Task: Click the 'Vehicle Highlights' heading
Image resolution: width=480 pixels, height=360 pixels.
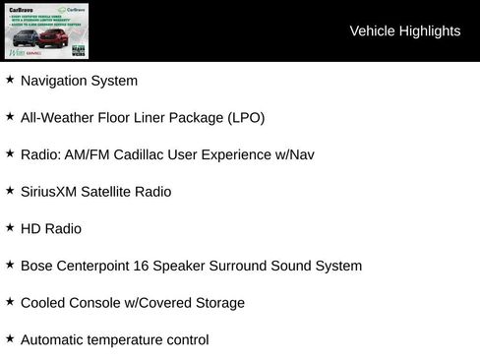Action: pos(404,31)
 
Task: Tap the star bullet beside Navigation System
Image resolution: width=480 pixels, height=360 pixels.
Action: pos(10,80)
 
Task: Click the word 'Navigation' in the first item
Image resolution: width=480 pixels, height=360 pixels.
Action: pos(53,81)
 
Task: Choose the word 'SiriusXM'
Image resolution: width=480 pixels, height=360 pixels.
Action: pos(49,192)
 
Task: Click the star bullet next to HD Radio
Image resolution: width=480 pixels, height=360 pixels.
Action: pos(10,227)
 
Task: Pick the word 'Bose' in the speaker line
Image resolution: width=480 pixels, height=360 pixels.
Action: pos(36,266)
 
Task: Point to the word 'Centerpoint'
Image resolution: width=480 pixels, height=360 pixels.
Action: pos(96,266)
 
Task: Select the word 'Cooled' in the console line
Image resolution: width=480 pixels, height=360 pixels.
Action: pos(43,303)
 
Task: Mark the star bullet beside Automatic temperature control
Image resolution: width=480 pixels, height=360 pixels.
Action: pos(10,338)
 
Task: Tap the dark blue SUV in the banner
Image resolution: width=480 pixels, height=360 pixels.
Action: pos(28,40)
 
